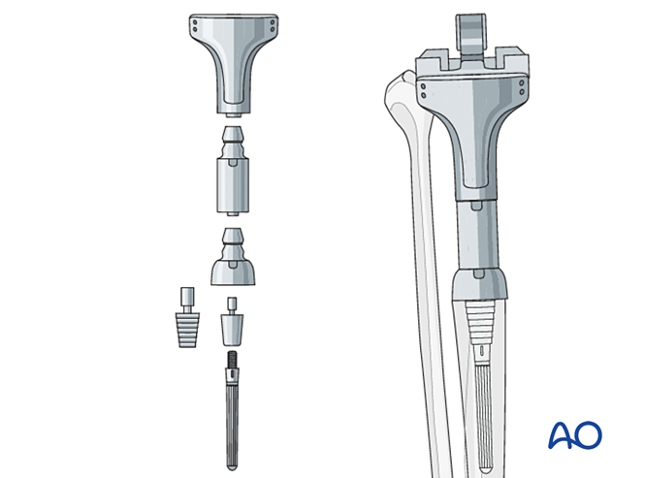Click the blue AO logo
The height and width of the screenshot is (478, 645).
(574, 434)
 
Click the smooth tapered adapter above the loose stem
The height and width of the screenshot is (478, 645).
(231, 326)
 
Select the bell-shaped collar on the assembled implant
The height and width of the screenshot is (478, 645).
(480, 284)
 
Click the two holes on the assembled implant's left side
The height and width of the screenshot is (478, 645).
(426, 90)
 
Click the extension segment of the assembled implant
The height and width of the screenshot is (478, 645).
(476, 233)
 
